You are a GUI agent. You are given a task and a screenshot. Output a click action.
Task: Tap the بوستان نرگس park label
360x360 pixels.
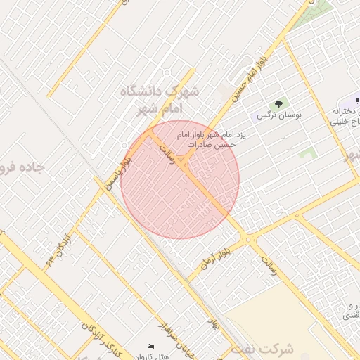[279, 115]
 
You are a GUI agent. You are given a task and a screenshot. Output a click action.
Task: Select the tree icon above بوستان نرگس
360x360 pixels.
[280, 103]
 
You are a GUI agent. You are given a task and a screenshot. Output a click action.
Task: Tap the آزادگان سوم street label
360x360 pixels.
[56, 250]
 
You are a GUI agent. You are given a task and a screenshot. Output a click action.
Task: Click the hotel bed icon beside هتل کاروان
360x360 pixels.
[150, 347]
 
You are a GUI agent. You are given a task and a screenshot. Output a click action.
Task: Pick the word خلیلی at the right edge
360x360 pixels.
[349, 122]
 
